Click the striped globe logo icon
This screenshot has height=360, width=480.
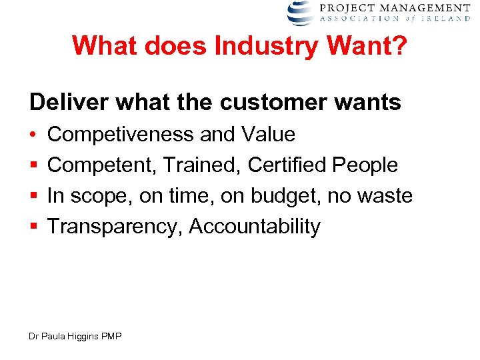coord(301,13)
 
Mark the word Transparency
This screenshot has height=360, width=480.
coord(115,227)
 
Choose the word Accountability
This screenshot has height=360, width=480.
coord(255,227)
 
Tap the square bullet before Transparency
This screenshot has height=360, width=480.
coord(33,227)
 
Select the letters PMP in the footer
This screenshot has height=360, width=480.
coord(111,337)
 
